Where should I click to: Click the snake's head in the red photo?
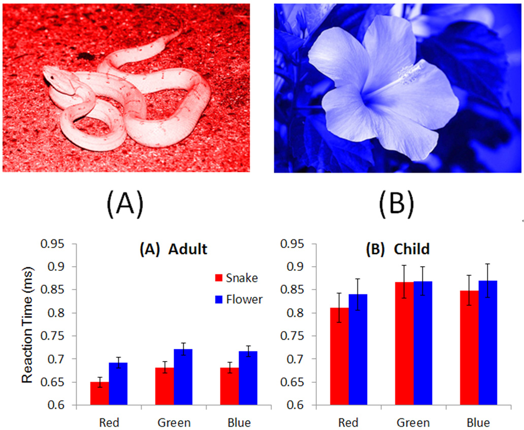[53, 79]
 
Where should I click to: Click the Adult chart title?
[174, 249]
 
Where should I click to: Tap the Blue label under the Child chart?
[478, 422]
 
